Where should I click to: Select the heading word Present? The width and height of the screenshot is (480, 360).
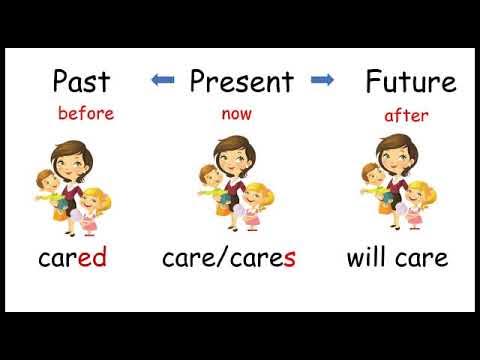tap(241, 81)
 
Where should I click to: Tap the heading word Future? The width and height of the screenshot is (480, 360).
tap(410, 81)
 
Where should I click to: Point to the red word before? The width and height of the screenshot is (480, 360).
tap(86, 113)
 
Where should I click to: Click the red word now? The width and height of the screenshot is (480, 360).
tap(236, 114)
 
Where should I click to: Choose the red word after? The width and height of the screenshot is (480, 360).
tap(406, 115)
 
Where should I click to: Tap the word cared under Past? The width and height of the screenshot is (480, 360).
tap(72, 259)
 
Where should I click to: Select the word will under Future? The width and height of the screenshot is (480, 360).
tap(370, 258)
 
